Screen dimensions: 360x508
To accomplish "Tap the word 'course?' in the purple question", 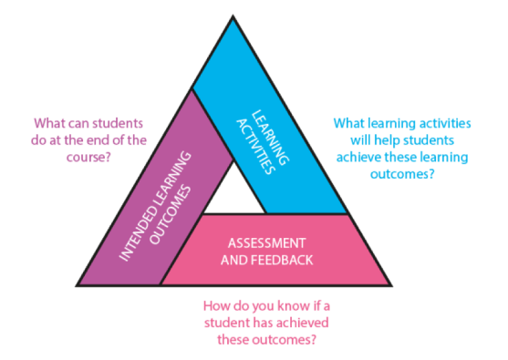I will pos(80,156).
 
